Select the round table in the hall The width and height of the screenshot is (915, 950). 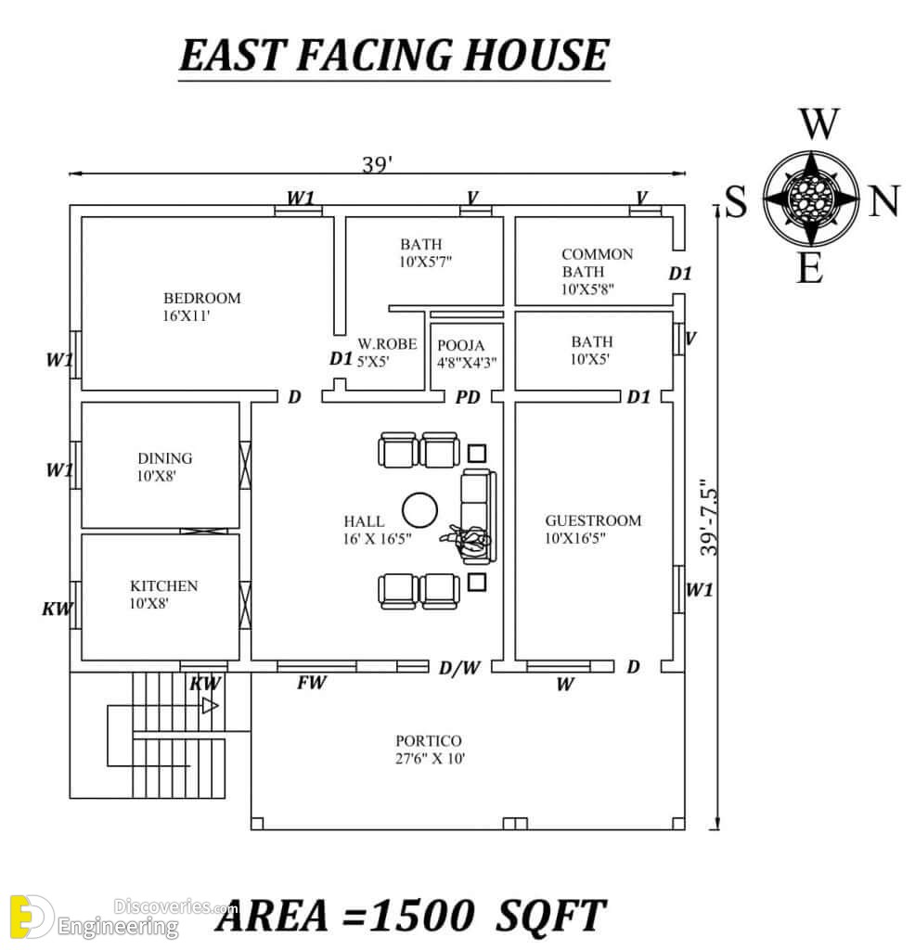420,509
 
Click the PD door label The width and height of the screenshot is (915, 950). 467,397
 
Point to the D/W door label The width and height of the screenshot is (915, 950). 459,668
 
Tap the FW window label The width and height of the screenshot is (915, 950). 312,683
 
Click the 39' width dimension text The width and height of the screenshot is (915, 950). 377,164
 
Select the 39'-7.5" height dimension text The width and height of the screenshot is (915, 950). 708,517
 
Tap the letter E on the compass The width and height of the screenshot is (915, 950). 810,267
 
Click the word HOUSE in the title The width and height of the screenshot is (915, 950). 535,55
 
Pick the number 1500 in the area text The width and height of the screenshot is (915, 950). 421,915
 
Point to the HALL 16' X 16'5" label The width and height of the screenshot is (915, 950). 377,530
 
